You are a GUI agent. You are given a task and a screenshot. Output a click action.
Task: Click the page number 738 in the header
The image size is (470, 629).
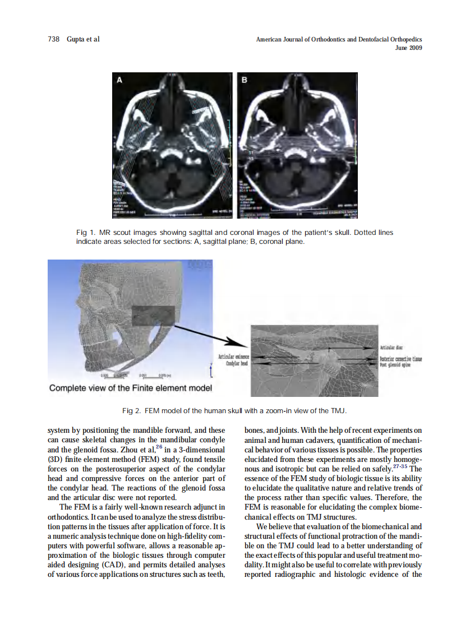click(x=54, y=40)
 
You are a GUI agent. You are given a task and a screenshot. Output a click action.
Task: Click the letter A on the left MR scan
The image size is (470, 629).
click(x=119, y=81)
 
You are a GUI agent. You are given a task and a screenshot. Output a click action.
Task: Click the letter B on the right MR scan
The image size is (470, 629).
click(x=245, y=81)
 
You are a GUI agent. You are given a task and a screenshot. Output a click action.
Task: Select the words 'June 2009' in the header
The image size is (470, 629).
click(x=408, y=48)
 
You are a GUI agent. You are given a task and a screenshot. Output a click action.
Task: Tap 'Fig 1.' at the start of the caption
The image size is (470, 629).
click(x=85, y=232)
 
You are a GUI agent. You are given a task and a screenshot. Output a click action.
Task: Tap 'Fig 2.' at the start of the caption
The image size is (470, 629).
click(x=131, y=411)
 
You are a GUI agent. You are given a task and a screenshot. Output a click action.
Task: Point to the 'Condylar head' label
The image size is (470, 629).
click(x=237, y=364)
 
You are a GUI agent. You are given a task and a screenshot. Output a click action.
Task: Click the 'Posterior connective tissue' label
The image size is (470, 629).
click(x=401, y=359)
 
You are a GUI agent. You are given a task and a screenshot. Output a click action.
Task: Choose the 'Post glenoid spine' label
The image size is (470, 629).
click(x=395, y=364)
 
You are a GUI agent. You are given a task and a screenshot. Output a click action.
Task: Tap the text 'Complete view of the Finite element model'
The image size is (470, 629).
click(x=130, y=388)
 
